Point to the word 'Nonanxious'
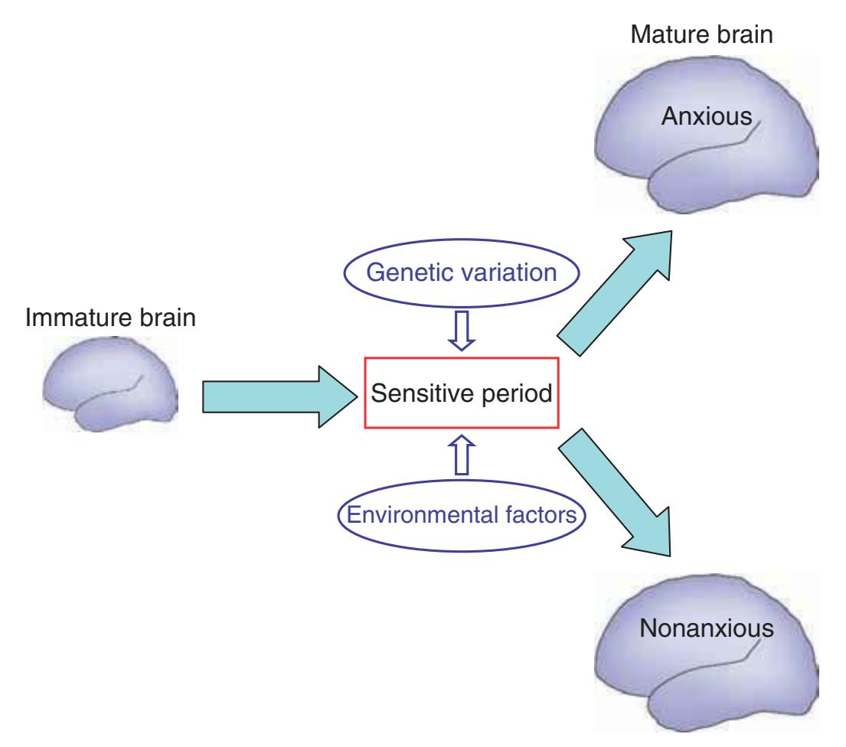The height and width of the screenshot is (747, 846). coord(704,630)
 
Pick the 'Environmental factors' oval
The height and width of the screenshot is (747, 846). coord(461,514)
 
